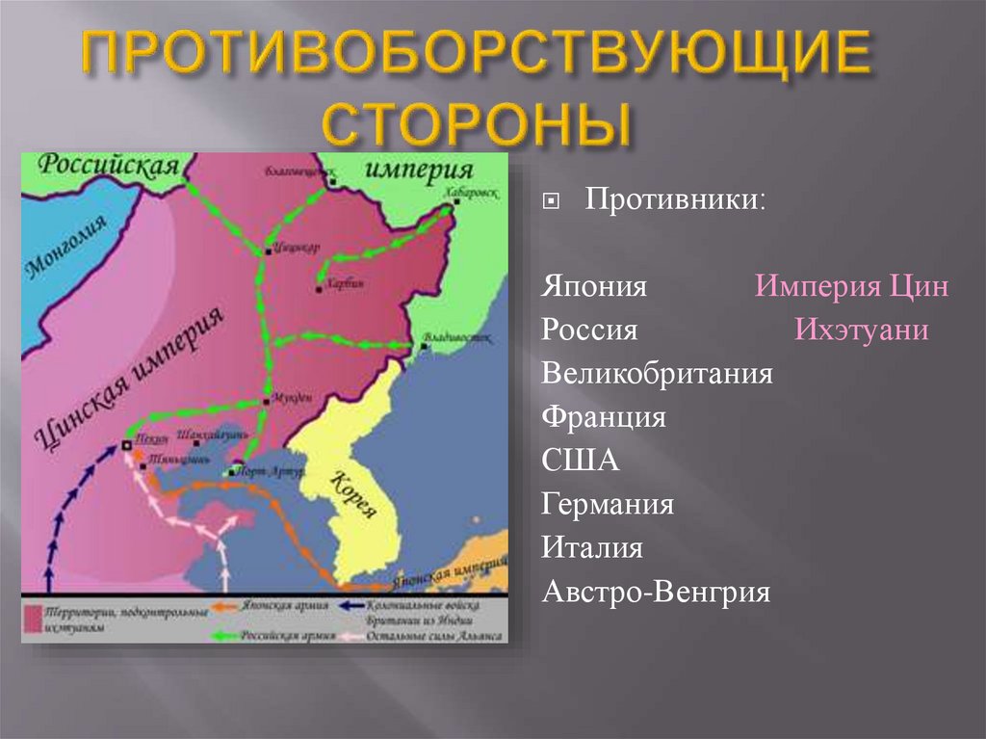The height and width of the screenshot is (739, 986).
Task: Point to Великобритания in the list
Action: coord(658,373)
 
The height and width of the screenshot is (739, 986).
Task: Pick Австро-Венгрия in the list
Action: coord(656,591)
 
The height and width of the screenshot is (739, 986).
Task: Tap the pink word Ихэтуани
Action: coord(862,330)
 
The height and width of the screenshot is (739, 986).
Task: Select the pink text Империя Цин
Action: coord(852,287)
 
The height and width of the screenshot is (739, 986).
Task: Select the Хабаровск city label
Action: coord(472,192)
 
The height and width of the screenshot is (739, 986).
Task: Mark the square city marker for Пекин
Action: coord(126,445)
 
